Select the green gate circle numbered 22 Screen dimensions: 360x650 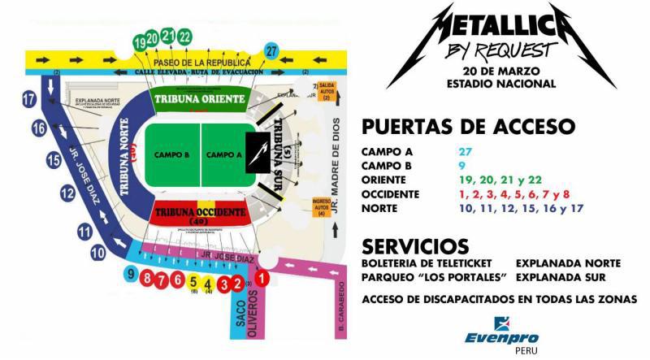pos(185,36)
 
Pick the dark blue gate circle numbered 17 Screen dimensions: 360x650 pos(30,100)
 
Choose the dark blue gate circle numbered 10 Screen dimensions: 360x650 pos(98,253)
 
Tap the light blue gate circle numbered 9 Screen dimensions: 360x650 pos(130,275)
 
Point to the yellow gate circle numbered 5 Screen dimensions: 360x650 pos(193,283)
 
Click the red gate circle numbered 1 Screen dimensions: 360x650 pos(262,279)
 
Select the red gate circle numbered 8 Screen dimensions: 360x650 pos(146,278)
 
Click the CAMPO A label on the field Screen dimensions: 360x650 pos(223,154)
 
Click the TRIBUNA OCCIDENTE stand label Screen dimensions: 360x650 pos(198,211)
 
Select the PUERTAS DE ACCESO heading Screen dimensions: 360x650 pos(468,127)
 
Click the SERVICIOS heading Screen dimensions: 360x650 pos(415,245)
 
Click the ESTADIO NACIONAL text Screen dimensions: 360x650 pos(505,84)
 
